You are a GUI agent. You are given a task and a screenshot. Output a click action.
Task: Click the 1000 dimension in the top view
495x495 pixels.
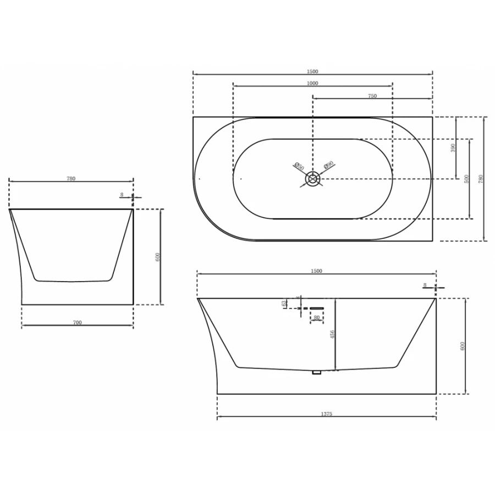click(x=312, y=83)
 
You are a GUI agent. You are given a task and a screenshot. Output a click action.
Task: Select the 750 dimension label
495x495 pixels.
click(x=372, y=96)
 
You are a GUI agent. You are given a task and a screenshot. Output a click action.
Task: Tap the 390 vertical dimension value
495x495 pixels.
click(x=453, y=148)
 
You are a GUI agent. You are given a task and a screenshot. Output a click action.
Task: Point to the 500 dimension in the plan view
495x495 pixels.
click(x=466, y=179)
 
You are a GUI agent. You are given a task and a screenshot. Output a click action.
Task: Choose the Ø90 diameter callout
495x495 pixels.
click(x=328, y=165)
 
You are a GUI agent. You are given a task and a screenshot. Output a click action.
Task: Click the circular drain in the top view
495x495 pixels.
click(x=312, y=179)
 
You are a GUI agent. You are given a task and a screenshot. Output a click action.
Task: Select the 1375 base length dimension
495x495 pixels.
click(x=326, y=414)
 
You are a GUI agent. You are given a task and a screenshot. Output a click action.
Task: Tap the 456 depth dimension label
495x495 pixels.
click(x=332, y=334)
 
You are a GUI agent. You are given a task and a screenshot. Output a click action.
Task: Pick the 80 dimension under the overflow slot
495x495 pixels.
click(x=316, y=317)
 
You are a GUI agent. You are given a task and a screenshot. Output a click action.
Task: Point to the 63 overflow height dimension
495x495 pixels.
click(x=284, y=303)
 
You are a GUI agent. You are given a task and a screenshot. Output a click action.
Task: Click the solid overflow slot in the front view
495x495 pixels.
click(x=317, y=308)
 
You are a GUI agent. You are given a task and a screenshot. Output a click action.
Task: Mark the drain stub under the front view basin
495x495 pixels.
click(x=316, y=373)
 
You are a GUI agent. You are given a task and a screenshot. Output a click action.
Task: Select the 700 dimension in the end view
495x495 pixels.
click(x=77, y=322)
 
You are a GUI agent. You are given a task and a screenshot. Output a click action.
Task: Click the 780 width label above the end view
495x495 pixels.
click(x=71, y=178)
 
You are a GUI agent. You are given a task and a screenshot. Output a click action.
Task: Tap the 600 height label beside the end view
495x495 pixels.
click(x=157, y=256)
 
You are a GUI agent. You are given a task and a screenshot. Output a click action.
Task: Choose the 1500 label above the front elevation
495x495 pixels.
click(x=316, y=271)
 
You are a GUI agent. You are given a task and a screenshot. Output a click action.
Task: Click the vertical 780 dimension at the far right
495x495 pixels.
click(x=481, y=179)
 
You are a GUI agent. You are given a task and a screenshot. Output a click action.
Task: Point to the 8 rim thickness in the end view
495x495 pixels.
click(x=122, y=194)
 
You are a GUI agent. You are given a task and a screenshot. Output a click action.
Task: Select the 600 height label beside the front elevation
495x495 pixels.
click(x=463, y=346)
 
